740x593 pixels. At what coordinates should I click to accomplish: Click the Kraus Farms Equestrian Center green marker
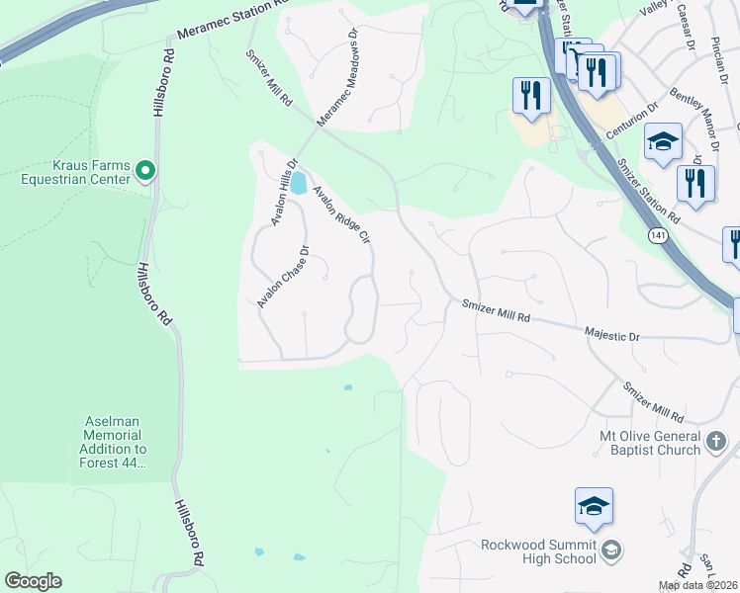145,172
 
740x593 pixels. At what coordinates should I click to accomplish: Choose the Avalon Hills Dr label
281,192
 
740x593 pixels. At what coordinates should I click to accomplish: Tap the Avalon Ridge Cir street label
341,215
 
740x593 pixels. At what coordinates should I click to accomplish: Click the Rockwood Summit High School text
539,551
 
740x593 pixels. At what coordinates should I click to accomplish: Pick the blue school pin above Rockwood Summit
594,507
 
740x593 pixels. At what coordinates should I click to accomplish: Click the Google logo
33,581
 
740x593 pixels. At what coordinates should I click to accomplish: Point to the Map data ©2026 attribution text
698,585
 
